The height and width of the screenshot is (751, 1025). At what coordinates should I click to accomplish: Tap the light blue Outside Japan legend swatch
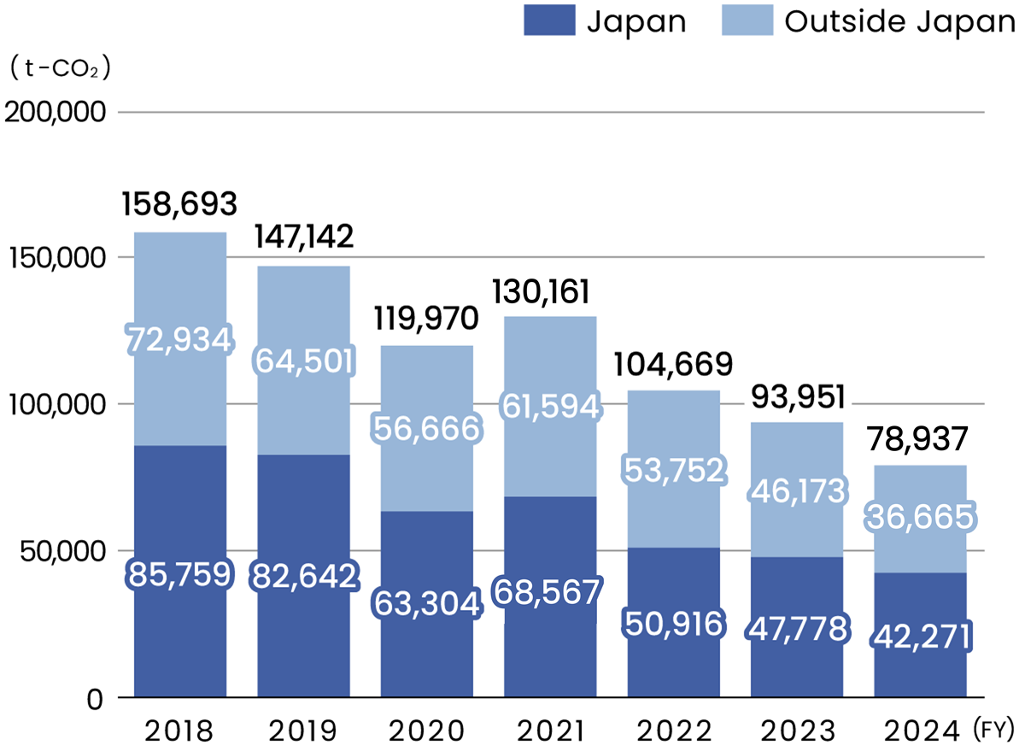click(x=747, y=21)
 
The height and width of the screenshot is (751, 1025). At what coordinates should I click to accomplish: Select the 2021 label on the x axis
click(x=549, y=731)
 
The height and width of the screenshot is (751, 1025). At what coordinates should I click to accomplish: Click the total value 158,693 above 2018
click(x=179, y=204)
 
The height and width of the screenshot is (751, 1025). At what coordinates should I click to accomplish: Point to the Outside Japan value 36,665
click(x=921, y=516)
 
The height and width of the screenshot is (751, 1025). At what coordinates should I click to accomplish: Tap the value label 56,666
click(x=425, y=429)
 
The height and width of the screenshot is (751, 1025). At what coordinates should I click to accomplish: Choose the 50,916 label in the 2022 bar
click(x=673, y=623)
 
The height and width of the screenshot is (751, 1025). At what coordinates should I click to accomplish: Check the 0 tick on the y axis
click(x=97, y=698)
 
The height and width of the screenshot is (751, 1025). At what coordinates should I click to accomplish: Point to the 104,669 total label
click(x=673, y=365)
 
